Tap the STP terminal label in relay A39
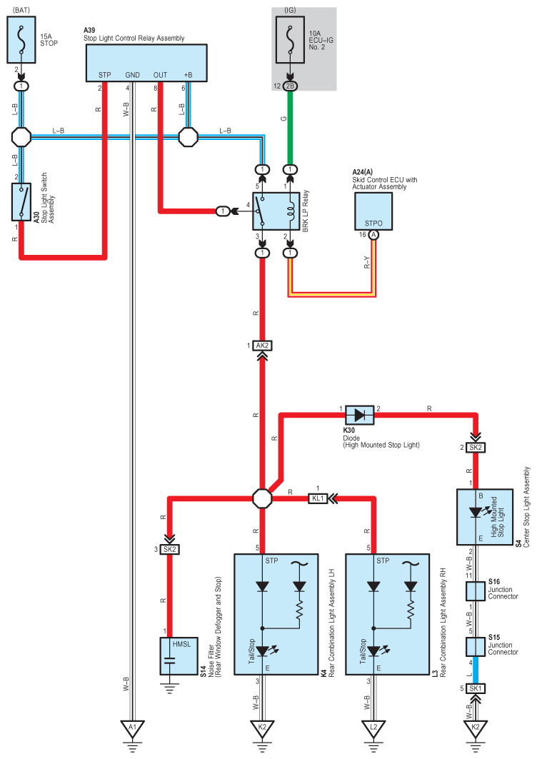click(x=105, y=74)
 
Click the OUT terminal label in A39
click(x=160, y=74)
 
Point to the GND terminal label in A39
click(x=132, y=74)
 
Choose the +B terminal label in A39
click(x=188, y=74)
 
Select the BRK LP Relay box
click(x=276, y=211)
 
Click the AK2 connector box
click(x=263, y=346)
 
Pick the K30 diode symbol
click(x=359, y=414)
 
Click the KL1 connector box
click(x=318, y=498)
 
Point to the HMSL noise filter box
click(x=169, y=655)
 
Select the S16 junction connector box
click(x=476, y=591)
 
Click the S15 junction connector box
click(x=476, y=646)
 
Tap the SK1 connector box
click(x=476, y=688)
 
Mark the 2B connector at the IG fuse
click(x=290, y=86)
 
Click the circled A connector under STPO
click(x=373, y=234)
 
